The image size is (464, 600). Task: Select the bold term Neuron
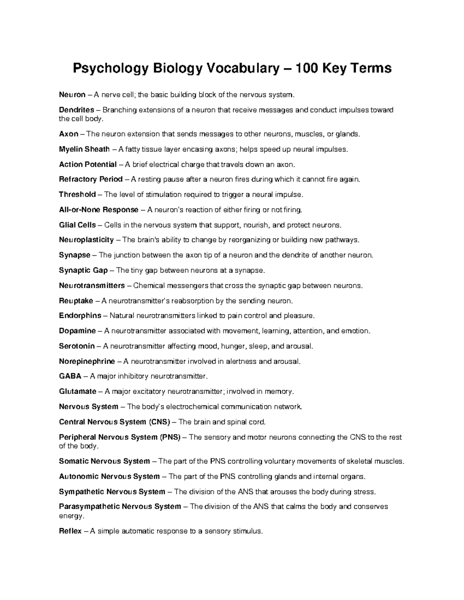click(72, 95)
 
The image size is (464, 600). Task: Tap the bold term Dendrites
click(77, 110)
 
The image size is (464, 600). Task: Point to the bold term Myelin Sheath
click(84, 149)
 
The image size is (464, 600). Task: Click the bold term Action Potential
click(88, 165)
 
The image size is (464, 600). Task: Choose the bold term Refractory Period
click(91, 179)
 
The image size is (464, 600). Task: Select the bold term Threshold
click(77, 194)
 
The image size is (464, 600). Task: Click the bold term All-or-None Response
click(99, 210)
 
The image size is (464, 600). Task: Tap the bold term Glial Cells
click(77, 225)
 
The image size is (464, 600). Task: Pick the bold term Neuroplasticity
click(86, 240)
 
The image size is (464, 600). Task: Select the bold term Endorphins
click(80, 316)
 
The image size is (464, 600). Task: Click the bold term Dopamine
click(77, 331)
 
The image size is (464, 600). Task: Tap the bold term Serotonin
click(77, 346)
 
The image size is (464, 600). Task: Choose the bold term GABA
click(70, 376)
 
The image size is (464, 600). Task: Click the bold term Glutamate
click(78, 391)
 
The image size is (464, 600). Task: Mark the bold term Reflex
click(70, 531)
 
